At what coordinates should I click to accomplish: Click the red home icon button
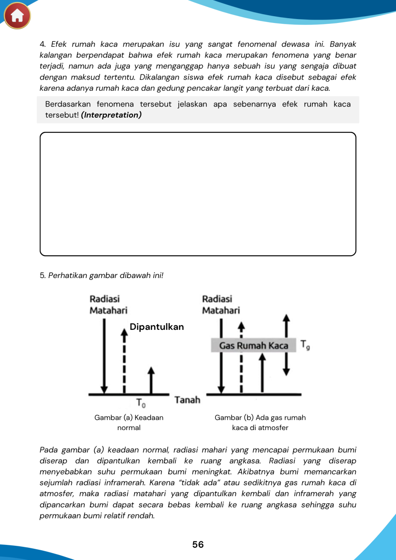17,15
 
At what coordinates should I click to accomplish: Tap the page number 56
198,545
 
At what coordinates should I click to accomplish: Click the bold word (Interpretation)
111,115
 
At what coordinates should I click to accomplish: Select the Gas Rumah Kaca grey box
253,345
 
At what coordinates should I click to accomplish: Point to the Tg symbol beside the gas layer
305,345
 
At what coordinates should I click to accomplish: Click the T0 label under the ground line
141,403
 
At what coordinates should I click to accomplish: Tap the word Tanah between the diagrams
187,400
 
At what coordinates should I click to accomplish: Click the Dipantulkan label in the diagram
157,327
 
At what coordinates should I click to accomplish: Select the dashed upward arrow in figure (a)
124,360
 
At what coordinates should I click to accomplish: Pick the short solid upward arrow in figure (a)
151,380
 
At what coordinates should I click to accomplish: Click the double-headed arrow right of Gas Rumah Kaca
286,345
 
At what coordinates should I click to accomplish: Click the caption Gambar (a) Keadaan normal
129,423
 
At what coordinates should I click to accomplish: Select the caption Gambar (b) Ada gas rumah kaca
260,423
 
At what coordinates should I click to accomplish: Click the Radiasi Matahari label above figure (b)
221,305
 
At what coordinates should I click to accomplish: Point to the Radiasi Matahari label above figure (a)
108,305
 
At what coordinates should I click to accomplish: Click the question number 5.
42,276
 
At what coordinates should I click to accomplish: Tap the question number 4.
42,44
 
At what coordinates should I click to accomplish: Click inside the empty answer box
198,194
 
